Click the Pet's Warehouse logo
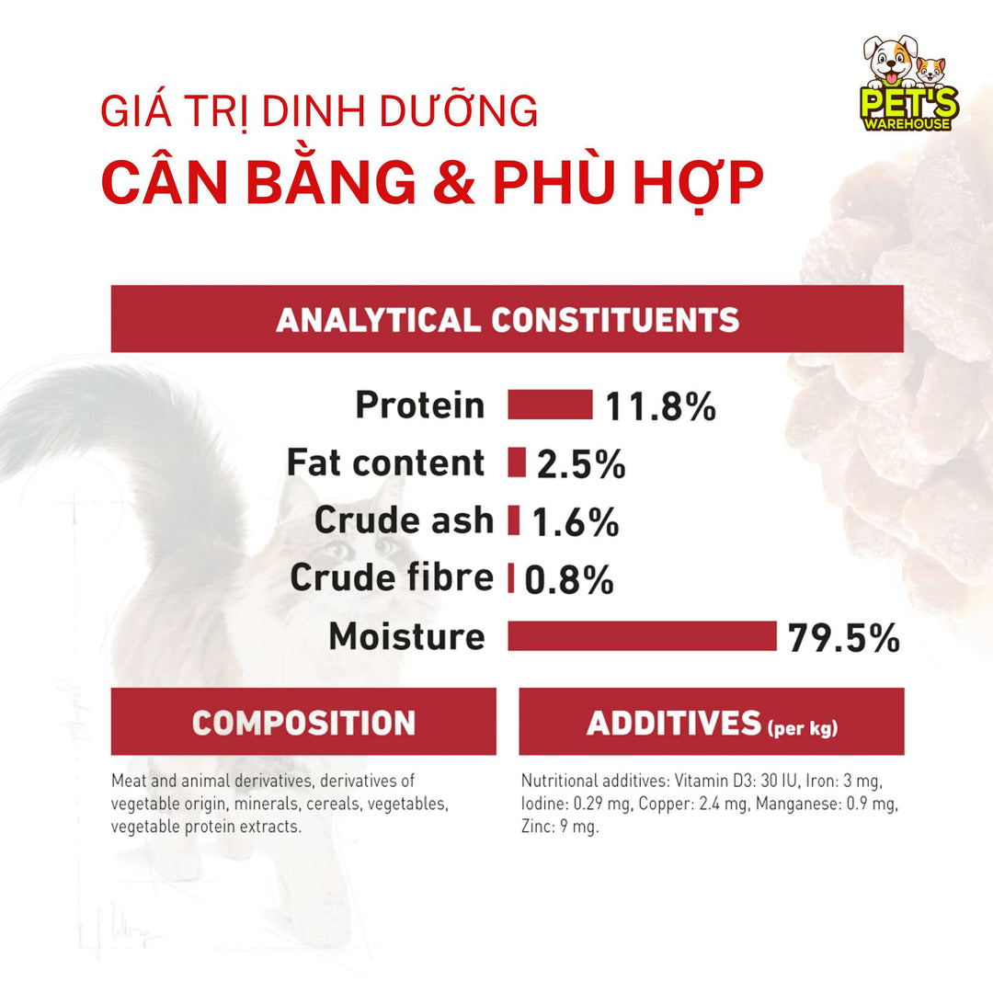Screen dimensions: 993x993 point(909,85)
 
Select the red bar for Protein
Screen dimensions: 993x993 point(550,405)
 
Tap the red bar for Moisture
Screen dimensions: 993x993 point(642,635)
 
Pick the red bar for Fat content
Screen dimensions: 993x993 point(517,462)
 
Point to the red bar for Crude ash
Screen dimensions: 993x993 point(514,520)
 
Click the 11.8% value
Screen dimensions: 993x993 point(660,406)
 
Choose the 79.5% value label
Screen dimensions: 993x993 point(843,637)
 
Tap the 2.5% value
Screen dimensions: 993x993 point(581,464)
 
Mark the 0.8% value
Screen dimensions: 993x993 point(569,579)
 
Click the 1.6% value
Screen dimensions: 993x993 point(576,522)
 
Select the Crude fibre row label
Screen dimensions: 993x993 point(392,578)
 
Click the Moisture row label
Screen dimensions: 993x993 point(406,636)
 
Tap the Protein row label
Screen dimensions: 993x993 point(419,405)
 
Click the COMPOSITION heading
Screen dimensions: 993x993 point(303,723)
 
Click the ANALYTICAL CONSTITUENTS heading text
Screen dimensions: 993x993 point(508,319)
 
